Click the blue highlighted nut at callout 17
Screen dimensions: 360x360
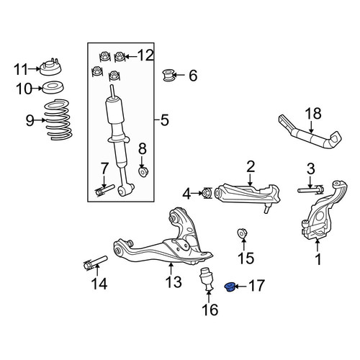pos(230,287)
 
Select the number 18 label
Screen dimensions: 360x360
pos(313,113)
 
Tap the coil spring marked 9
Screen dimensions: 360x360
pos(59,120)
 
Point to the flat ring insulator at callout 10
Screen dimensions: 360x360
pos(53,88)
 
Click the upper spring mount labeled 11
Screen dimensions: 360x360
pos(50,67)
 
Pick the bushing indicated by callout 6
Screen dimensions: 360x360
pos(168,75)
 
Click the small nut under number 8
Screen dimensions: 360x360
pos(143,171)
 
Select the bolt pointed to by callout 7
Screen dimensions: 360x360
pos(105,190)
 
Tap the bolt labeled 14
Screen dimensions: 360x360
pos(95,263)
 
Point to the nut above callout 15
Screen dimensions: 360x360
pos(242,234)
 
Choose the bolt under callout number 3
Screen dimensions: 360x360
pos(310,189)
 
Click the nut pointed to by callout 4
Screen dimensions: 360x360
pos(207,193)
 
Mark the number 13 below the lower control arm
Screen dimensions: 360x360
pos(174,282)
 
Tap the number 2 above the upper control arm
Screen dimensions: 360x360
pos(251,166)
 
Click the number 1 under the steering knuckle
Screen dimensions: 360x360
pos(318,259)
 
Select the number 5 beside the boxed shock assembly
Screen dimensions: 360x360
pos(165,120)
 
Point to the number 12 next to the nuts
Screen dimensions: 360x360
pos(145,55)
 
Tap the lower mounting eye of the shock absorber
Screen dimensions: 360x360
pos(122,190)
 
